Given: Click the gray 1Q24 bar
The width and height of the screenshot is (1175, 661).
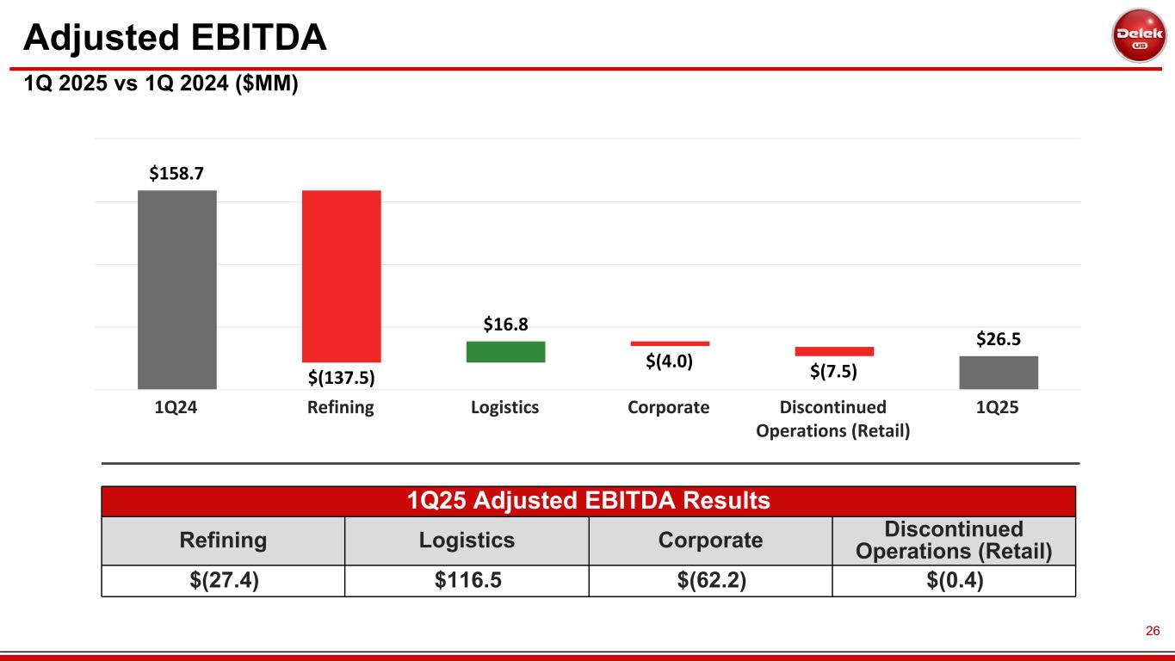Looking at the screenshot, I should coord(176,289).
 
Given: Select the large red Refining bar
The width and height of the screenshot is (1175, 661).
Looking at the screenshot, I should coord(341,275).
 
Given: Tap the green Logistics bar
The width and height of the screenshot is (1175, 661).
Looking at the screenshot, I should coord(505,351).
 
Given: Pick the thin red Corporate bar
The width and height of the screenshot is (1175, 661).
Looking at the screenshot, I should coord(670,343).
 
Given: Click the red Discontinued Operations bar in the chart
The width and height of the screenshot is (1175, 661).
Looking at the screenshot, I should coord(834,351).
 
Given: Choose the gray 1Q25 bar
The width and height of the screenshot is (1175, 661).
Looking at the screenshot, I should coord(999,372).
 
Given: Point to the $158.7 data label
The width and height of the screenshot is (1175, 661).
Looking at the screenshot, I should coord(176,173).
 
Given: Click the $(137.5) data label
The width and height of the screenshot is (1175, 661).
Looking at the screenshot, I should coord(342,376).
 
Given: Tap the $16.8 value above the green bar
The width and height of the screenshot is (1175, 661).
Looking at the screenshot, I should coord(505,324).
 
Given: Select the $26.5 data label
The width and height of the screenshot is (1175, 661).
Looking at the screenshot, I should coord(999,339).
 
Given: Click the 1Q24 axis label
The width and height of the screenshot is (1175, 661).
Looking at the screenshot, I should coord(176,408).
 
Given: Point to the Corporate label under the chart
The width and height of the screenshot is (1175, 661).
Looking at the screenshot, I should coord(669,408).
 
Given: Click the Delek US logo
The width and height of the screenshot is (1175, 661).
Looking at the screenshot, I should coord(1139,35).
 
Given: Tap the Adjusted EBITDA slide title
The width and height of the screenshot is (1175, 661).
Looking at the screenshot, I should coord(175,37).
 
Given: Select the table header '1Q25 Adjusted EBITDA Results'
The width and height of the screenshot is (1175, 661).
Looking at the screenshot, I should coord(589,500).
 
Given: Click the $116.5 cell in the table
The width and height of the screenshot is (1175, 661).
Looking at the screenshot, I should coord(467,581).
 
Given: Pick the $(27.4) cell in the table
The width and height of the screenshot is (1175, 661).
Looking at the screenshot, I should coord(223,581).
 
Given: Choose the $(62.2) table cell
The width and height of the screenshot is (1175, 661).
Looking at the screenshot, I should coord(710,581).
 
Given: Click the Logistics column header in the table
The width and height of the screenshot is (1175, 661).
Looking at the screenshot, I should coord(467,541).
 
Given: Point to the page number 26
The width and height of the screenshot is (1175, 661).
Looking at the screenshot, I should coord(1153,631).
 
